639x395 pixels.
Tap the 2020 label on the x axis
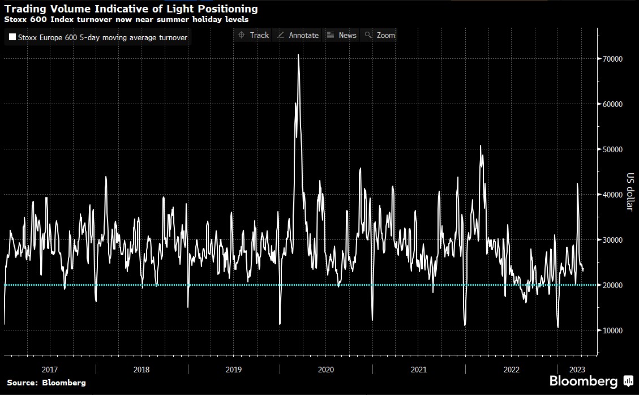point(326,370)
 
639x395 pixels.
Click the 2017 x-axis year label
point(49,370)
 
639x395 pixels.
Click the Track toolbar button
point(253,35)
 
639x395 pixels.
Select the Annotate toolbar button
point(298,35)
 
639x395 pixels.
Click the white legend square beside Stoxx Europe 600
point(12,38)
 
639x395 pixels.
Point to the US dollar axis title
point(629,191)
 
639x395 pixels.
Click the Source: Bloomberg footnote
point(46,383)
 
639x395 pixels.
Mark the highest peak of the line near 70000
point(298,55)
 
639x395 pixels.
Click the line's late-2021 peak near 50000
point(481,146)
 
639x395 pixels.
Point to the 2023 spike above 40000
point(577,183)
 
